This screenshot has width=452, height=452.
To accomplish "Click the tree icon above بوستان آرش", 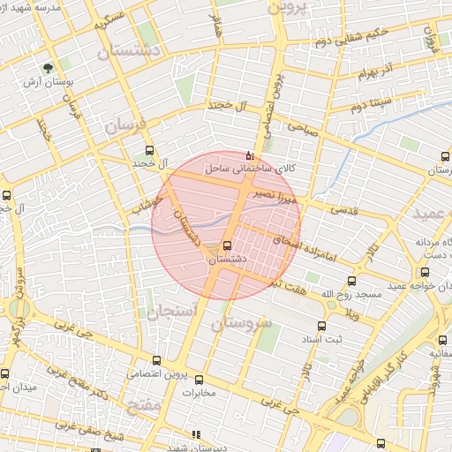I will coord(48,67).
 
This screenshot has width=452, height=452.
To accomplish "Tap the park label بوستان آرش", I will coord(49,83).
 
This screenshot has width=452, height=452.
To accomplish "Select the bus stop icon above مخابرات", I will coord(199,380).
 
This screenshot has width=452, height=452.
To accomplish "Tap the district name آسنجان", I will coord(158,311).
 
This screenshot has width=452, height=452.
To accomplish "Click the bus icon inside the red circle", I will coord(228,245).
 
